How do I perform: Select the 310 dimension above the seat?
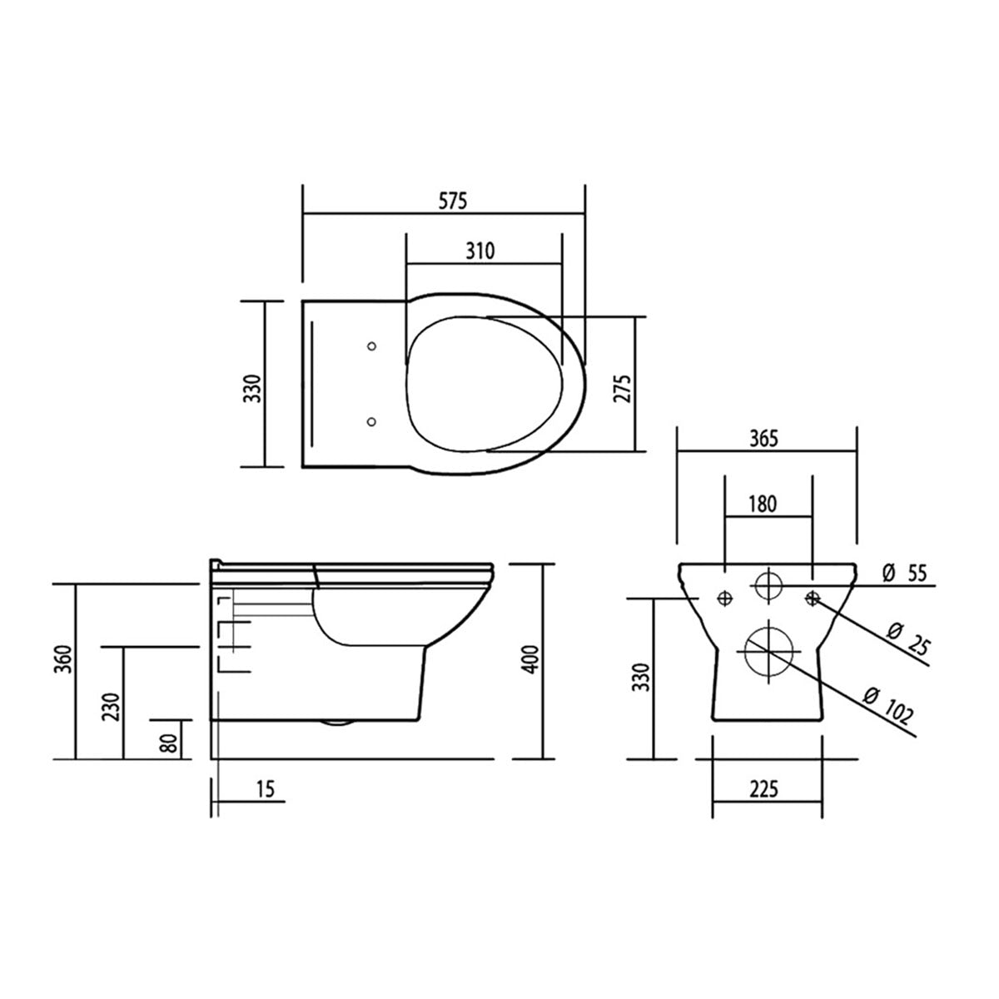pos(480,251)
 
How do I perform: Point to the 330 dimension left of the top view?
pos(253,388)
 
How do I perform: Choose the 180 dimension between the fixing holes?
pos(763,503)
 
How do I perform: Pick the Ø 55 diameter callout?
pos(905,572)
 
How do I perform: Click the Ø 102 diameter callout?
pos(889,705)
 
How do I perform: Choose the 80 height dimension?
pos(170,742)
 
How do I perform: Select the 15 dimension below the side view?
pos(265,788)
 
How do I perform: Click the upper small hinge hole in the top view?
pos(372,345)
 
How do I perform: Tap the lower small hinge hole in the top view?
pos(372,422)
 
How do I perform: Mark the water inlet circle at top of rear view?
pos(768,584)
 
